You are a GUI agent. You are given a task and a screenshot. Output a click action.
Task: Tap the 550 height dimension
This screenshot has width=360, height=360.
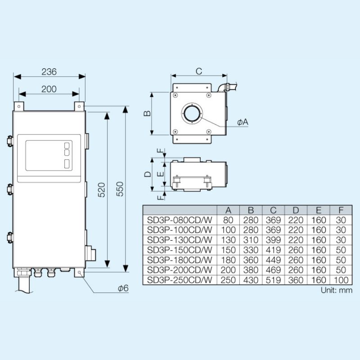point(119,190)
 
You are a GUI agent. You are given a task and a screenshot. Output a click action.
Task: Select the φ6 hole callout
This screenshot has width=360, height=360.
point(123,288)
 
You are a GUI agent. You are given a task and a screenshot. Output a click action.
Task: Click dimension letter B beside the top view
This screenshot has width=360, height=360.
point(147,113)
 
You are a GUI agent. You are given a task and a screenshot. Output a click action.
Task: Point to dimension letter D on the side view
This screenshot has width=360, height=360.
point(147,174)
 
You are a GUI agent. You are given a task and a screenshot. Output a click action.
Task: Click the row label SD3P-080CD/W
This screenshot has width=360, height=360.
point(179,220)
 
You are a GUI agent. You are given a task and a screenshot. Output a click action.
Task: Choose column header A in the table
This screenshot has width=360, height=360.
point(228,210)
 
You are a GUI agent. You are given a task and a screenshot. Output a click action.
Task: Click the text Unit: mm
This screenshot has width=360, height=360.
point(337,290)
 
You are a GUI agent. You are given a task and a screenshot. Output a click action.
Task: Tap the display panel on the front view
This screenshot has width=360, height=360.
point(49,155)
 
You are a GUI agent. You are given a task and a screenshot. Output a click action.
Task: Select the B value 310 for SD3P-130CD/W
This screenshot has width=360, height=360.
point(251,240)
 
